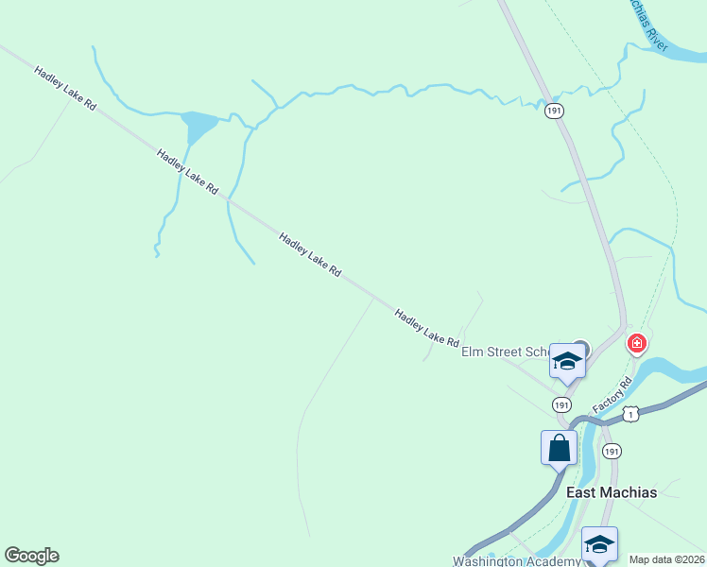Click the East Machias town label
pos(611,492)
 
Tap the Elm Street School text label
pos(506,352)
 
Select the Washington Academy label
pos(516,560)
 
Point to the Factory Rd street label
pos(612,394)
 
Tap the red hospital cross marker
pos(637,343)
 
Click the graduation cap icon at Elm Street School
pos(567,362)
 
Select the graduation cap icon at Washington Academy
pos(599,544)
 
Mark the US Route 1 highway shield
pos(630,414)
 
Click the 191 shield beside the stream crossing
pos(554,112)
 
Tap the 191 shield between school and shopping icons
pos(561,404)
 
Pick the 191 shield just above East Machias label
pos(612,451)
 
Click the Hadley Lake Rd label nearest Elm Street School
pos(426,327)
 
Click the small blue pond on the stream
pos(199,124)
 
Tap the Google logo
pos(31,556)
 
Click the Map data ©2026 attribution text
pos(666,559)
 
